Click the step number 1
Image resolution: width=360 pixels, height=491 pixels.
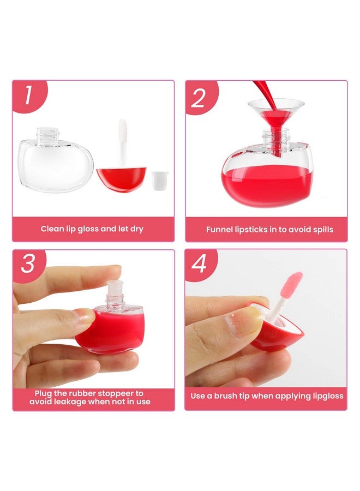[x=27, y=95]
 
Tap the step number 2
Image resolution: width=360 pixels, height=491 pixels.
[x=199, y=97]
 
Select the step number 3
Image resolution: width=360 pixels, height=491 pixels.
[x=28, y=264]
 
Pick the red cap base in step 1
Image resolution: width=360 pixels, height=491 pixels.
[x=122, y=179]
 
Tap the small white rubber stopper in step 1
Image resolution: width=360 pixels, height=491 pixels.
[x=160, y=179]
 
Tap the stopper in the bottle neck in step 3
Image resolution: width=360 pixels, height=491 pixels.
[x=115, y=289]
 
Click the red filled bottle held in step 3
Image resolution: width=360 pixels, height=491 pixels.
[x=109, y=330]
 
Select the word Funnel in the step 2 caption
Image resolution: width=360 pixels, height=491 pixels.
[x=220, y=230]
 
